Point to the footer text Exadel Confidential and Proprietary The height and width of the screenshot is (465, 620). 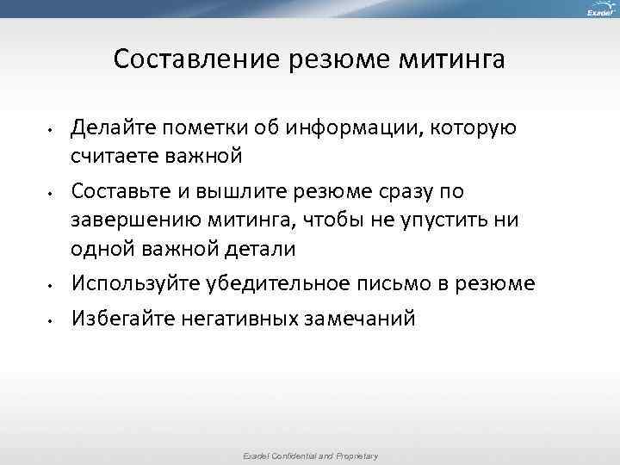[x=309, y=456]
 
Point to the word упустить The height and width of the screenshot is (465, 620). [x=443, y=219]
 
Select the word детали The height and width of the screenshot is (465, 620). [x=258, y=249]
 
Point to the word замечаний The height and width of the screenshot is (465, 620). [x=359, y=319]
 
